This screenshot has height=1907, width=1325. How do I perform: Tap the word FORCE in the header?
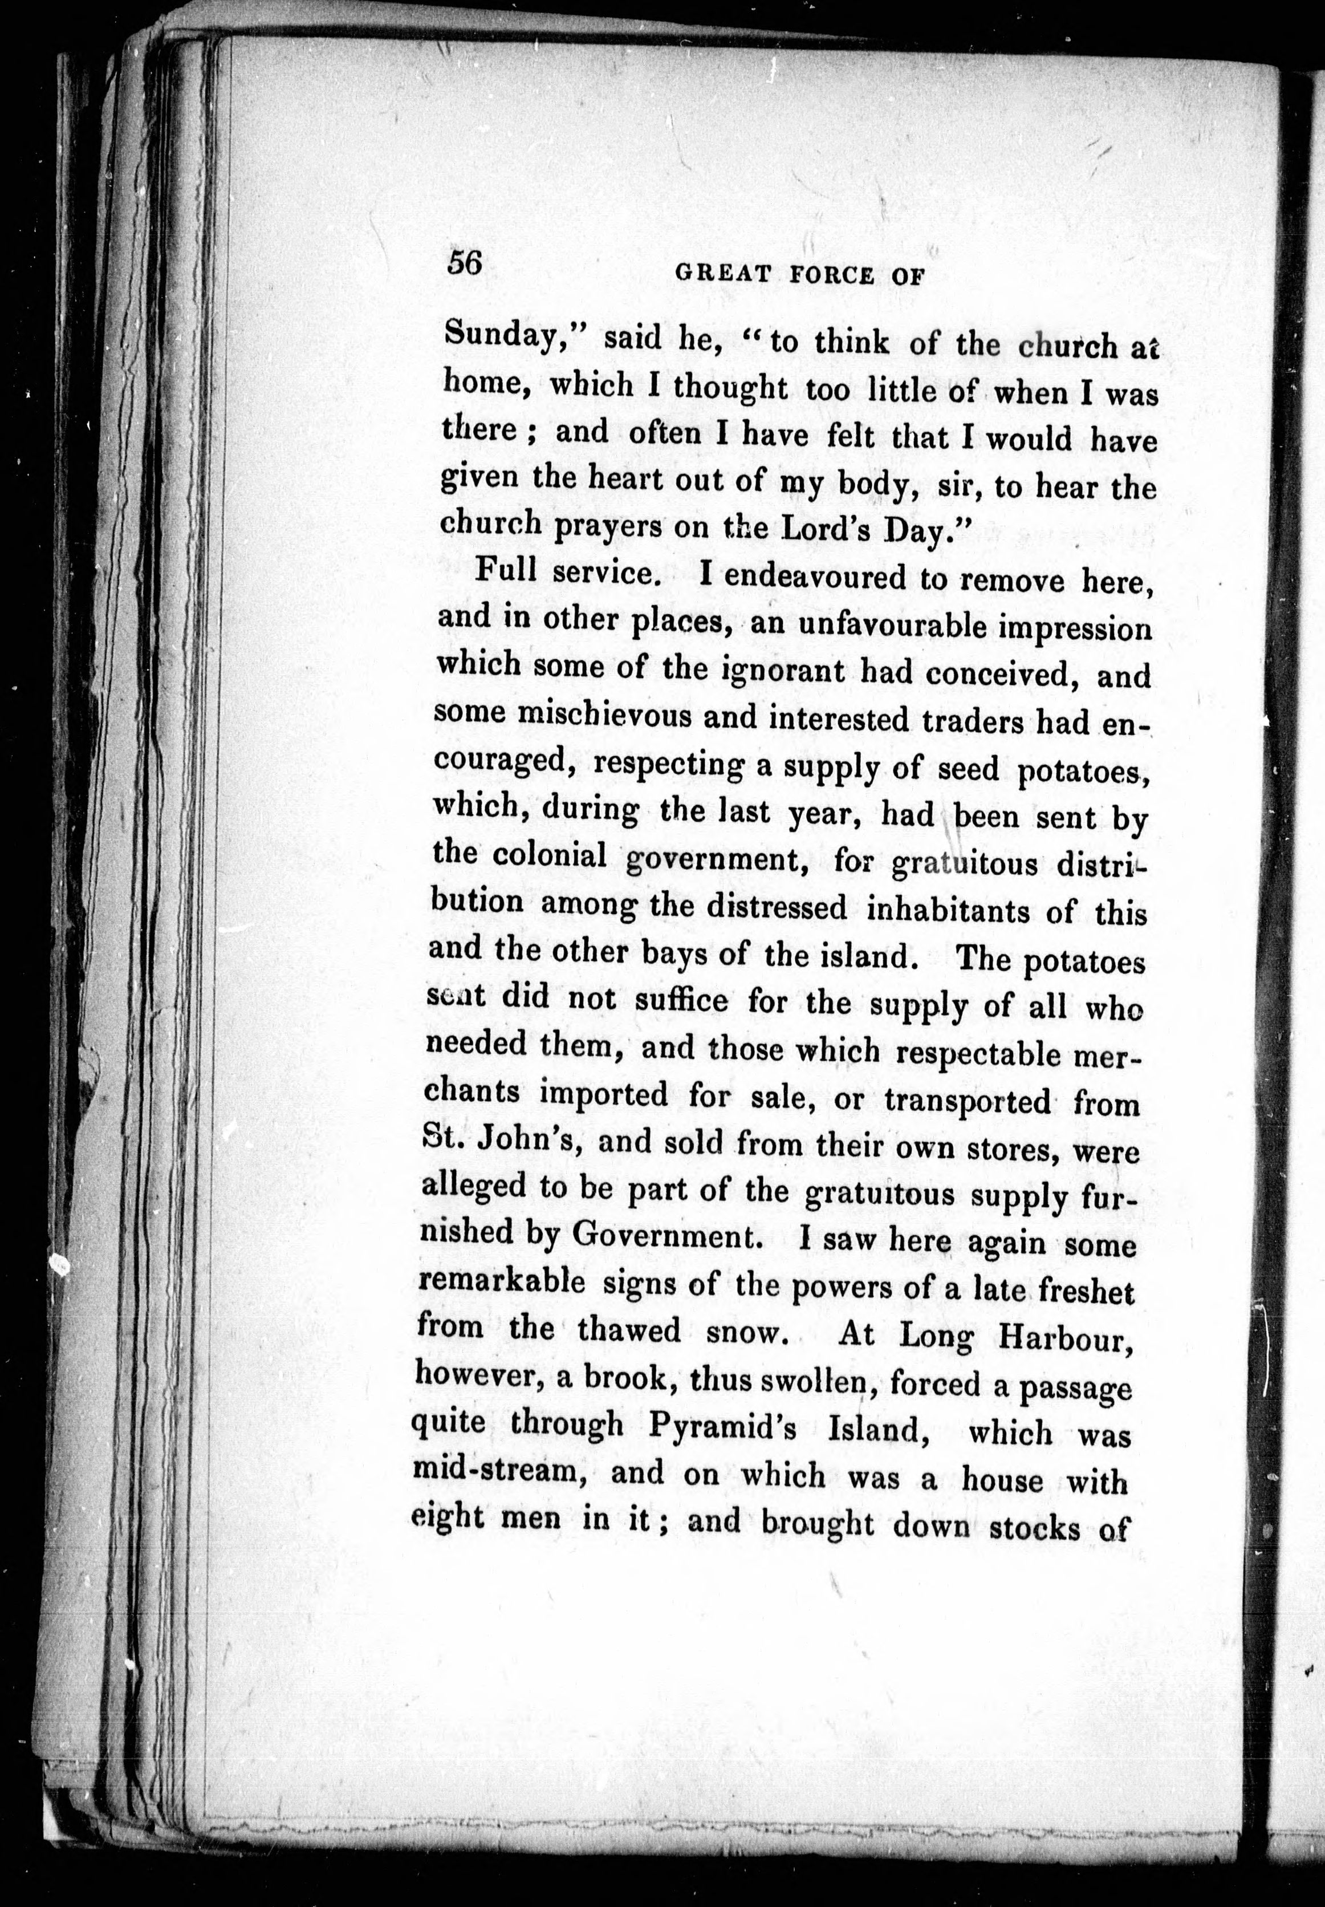click(831, 275)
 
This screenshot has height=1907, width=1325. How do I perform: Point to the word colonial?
click(550, 855)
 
